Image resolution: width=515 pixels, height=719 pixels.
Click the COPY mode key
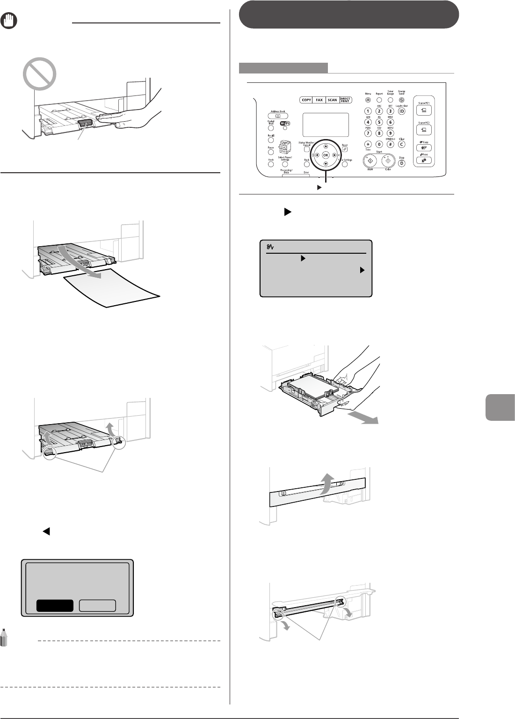pos(306,100)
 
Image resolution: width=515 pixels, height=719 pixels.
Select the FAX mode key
pos(319,100)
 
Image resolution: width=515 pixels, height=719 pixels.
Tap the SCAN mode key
pos(332,100)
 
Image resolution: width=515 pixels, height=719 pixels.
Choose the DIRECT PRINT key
pos(346,100)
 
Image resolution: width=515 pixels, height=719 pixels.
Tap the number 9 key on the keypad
pos(390,133)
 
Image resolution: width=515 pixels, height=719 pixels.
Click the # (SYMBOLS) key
pos(390,145)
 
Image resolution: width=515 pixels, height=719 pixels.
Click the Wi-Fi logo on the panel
pos(284,123)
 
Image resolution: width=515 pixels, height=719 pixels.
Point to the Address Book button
pos(277,115)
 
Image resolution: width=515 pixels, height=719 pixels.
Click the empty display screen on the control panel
pos(325,125)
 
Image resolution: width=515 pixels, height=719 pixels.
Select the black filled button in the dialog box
pos(55,605)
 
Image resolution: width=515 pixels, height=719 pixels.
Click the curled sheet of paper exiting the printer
pos(112,286)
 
